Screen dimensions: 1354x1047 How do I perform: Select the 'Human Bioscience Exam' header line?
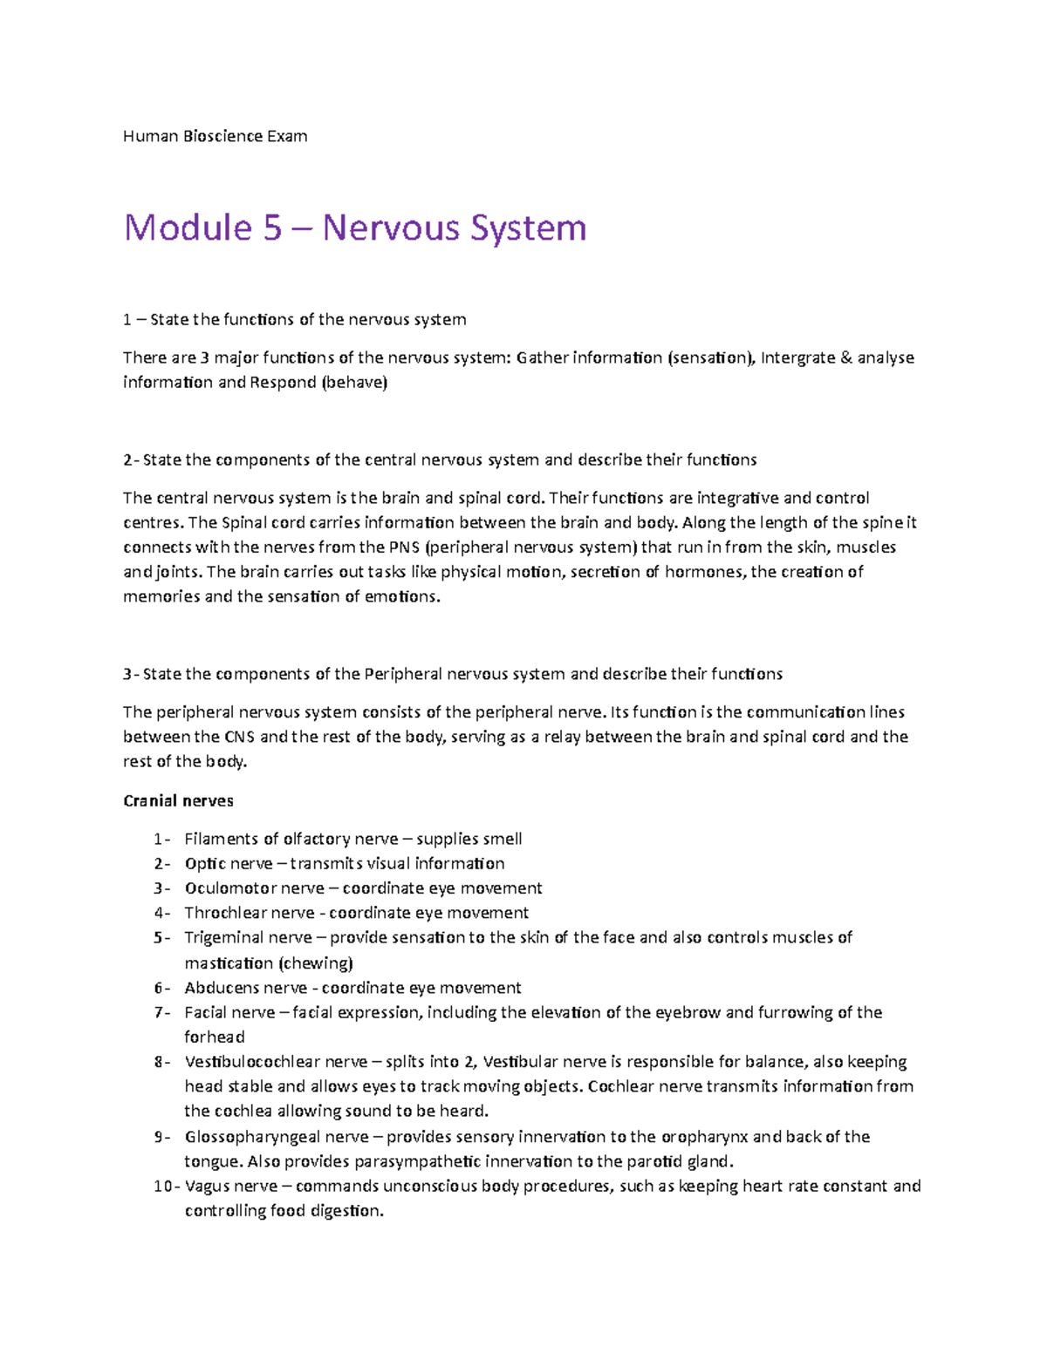(x=215, y=136)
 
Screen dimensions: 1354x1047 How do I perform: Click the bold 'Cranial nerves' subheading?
(x=178, y=800)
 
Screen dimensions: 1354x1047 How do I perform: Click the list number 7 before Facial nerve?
(x=158, y=1012)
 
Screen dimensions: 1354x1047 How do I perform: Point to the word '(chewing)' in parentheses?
(x=315, y=963)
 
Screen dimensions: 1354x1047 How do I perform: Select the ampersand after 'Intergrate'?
(x=845, y=357)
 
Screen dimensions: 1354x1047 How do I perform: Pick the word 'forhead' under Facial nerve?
(x=215, y=1037)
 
